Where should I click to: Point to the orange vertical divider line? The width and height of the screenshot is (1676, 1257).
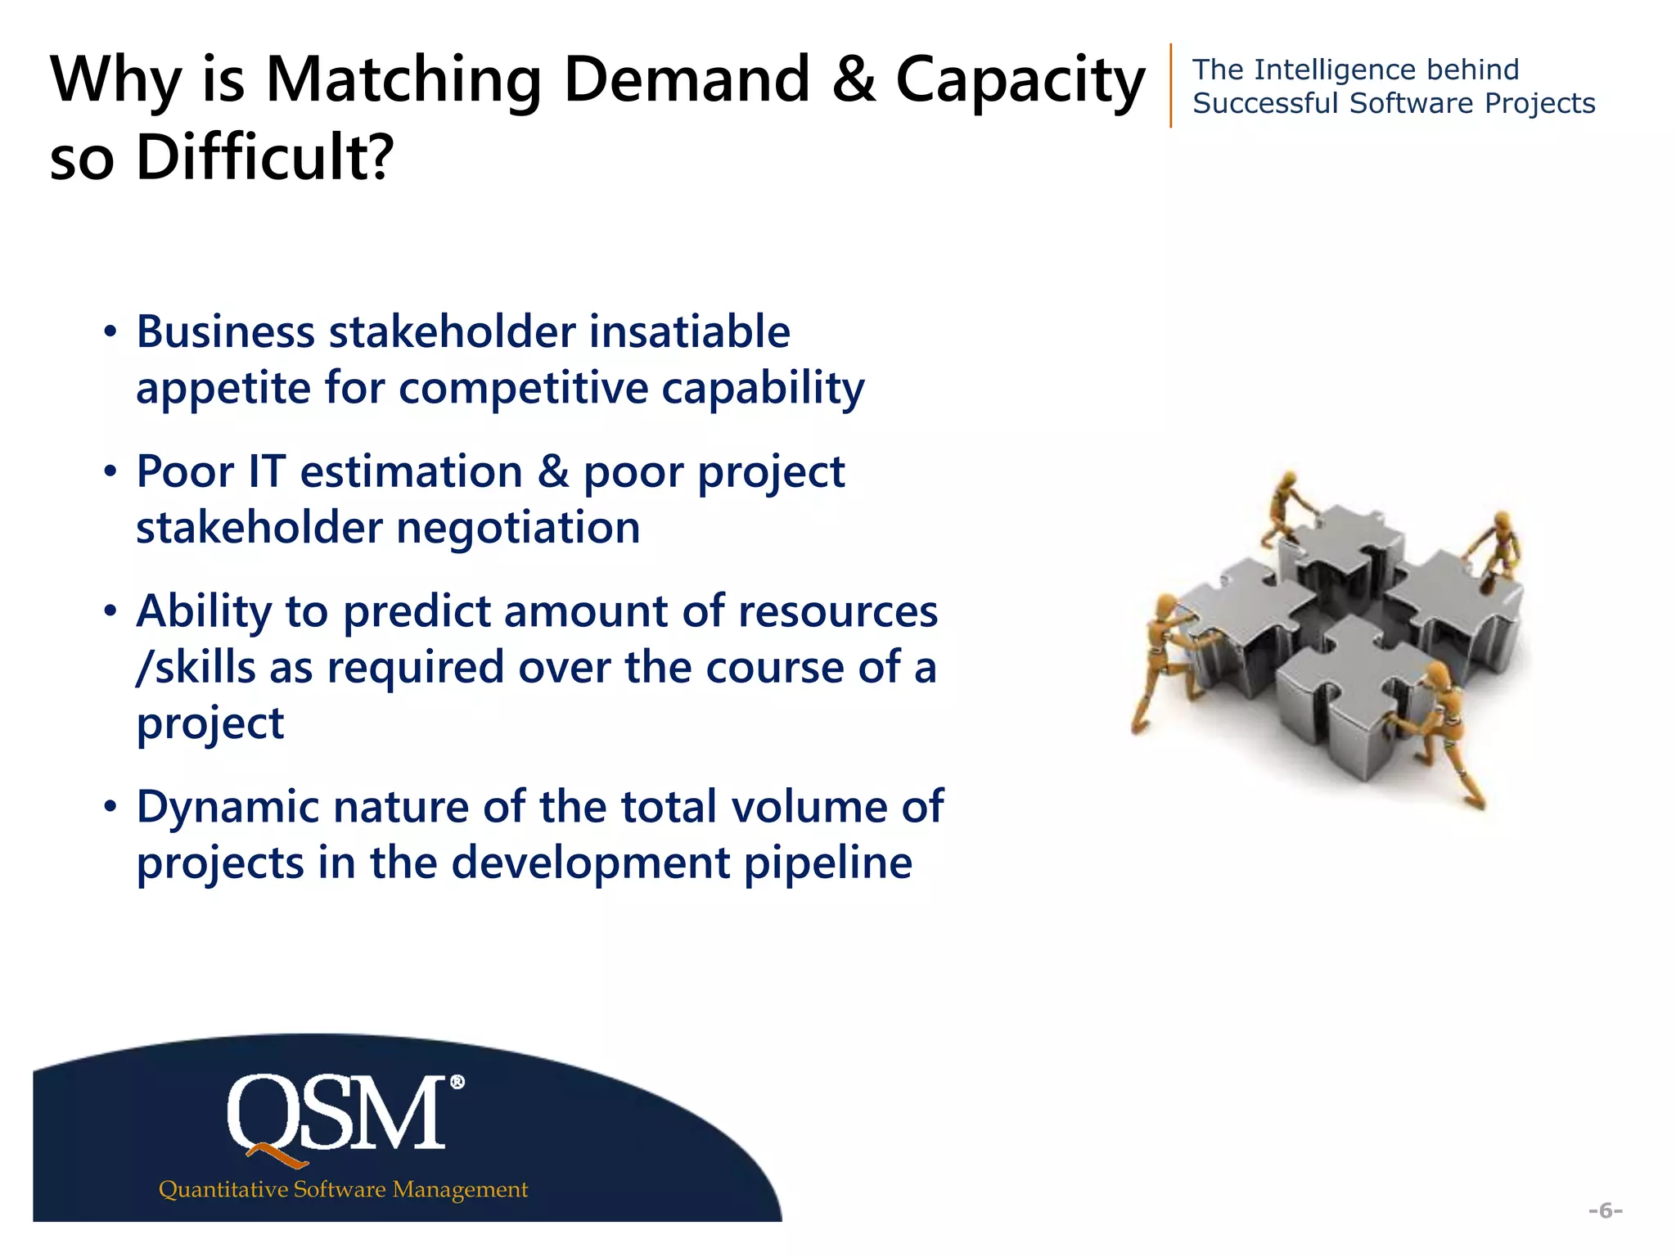1171,85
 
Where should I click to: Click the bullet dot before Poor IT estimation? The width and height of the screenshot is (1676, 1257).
110,472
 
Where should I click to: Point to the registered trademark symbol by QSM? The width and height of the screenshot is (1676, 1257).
457,1082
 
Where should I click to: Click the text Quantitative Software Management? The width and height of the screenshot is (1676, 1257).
343,1189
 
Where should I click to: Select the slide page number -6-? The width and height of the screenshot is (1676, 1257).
1605,1210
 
